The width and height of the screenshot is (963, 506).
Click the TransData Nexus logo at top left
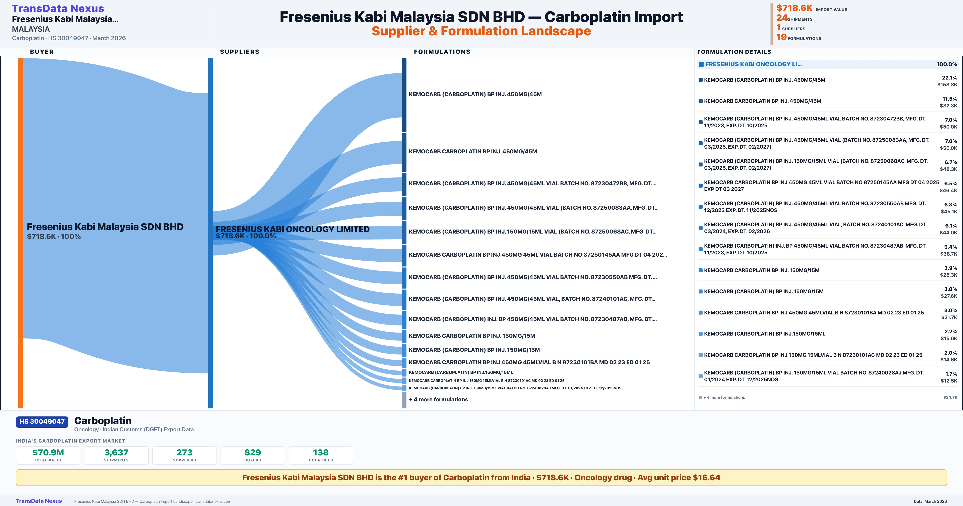(x=58, y=8)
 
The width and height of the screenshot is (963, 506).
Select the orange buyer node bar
(x=20, y=232)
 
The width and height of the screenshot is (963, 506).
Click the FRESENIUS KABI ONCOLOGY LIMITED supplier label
(x=292, y=229)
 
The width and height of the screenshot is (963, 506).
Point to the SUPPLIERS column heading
(x=239, y=52)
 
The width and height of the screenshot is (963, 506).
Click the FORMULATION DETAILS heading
(x=734, y=52)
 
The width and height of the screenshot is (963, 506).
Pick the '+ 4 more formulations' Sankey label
(x=438, y=399)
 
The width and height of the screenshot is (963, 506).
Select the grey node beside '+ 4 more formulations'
(x=404, y=400)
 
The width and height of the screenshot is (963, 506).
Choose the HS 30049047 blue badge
(x=42, y=421)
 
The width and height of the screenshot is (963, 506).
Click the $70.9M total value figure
(x=48, y=452)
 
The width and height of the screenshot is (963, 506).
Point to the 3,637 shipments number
(x=116, y=452)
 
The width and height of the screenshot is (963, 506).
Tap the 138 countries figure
(x=321, y=452)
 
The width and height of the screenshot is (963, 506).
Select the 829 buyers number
(x=253, y=452)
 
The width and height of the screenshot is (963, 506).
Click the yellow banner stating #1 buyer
(x=481, y=477)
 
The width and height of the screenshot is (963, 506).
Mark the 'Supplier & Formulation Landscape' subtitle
(x=481, y=31)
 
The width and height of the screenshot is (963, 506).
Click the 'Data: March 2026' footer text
(x=930, y=501)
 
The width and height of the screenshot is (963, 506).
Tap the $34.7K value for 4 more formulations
(x=950, y=397)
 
